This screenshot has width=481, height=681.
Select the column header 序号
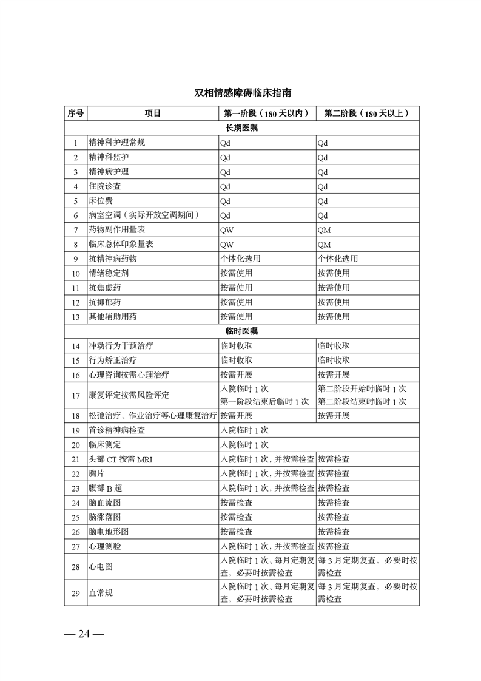tap(76, 113)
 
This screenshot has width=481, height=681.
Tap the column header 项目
tap(153, 113)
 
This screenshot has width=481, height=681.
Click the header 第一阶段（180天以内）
tap(267, 113)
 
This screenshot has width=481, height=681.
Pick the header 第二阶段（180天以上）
tap(367, 113)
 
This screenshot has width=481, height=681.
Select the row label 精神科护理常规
tap(117, 143)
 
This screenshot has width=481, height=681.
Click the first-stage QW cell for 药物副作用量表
tap(227, 230)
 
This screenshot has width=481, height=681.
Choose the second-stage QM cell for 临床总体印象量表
tap(325, 245)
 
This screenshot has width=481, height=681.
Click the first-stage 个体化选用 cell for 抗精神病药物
tap(240, 259)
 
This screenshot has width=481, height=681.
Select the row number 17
tap(76, 395)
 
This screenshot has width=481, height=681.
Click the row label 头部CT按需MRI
tap(121, 459)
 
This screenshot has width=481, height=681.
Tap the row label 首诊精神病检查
tap(117, 430)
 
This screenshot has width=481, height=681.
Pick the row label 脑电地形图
tap(109, 532)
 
